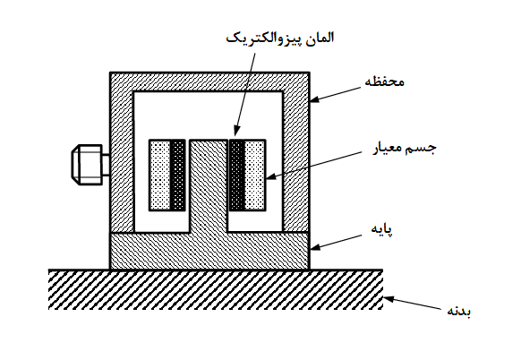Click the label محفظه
[x=384, y=81]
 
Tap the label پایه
[x=381, y=229]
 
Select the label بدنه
[x=458, y=311]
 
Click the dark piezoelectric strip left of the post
[x=178, y=176]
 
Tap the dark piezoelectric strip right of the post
[x=237, y=176]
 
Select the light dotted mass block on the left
[x=160, y=176]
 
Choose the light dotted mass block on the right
[x=255, y=176]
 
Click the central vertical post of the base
[x=209, y=186]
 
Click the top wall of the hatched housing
[x=209, y=81]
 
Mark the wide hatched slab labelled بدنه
[x=216, y=289]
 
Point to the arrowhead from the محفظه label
[x=314, y=99]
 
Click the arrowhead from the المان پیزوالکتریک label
[x=236, y=131]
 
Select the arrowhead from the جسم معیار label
[x=270, y=176]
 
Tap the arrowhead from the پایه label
[x=314, y=247]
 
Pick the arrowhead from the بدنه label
[x=389, y=299]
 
